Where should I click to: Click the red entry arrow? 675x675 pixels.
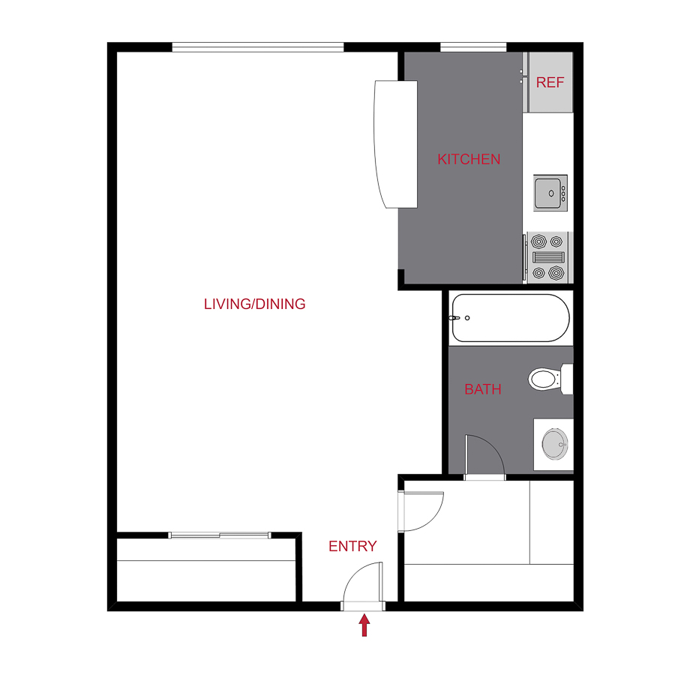(x=364, y=625)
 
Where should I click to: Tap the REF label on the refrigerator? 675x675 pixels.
(x=550, y=82)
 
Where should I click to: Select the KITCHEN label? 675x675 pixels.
(x=469, y=159)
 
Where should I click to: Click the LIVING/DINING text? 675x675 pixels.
(x=255, y=304)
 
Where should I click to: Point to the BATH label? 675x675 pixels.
(x=482, y=389)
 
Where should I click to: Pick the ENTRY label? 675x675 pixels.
(x=352, y=546)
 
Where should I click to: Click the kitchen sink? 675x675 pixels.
(x=550, y=193)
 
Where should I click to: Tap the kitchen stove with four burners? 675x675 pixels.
(x=547, y=257)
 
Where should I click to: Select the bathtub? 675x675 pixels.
(x=511, y=318)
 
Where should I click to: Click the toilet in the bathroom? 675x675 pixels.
(x=545, y=378)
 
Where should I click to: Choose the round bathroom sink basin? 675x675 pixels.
(x=555, y=444)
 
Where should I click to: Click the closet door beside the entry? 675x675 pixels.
(x=421, y=510)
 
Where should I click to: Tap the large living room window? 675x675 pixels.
(x=257, y=47)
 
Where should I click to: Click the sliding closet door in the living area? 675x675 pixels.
(x=219, y=535)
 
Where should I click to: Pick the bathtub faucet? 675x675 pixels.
(x=454, y=318)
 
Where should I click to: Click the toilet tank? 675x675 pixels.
(x=568, y=378)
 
